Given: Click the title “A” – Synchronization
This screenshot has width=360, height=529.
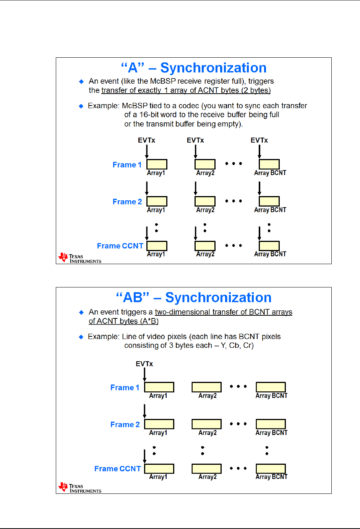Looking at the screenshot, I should point(194,68).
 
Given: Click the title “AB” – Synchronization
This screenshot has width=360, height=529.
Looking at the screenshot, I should point(194,298).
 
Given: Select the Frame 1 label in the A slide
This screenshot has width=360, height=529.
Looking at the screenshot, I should point(127,165).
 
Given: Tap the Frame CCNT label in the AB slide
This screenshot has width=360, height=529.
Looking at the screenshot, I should point(118,469).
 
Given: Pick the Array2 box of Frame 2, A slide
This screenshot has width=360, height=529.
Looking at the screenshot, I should point(205,201).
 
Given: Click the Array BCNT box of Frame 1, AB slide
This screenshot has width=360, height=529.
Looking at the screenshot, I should point(271,387).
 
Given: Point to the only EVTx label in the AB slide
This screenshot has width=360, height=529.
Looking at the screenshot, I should point(144,364).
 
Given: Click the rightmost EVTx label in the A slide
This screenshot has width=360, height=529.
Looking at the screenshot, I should point(259,140).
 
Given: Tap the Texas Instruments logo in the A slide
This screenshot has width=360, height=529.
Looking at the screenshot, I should point(79,258).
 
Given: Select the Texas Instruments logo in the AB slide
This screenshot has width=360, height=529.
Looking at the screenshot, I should point(79,488).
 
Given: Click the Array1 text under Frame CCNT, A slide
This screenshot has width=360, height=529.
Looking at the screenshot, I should point(156,254).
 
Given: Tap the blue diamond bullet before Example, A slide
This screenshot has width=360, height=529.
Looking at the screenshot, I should point(81,106).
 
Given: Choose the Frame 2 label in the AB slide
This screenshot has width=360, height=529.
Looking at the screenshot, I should point(125,425).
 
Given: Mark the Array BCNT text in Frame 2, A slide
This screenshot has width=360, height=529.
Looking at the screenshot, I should point(270,210).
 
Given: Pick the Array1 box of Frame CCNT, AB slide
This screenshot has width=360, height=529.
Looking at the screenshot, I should point(159,469).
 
